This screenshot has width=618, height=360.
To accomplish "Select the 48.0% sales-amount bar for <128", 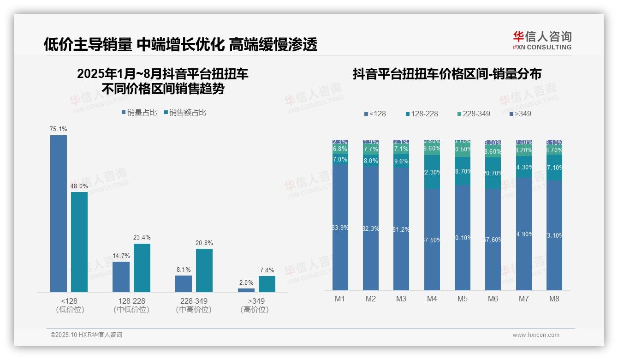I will pyautogui.click(x=79, y=242).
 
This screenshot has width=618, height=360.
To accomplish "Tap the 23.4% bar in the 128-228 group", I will pyautogui.click(x=142, y=268).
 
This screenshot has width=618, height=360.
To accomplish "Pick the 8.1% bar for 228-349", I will pyautogui.click(x=184, y=283).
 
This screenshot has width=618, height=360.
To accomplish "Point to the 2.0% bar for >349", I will pyautogui.click(x=246, y=290).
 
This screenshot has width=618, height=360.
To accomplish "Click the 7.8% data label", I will pyautogui.click(x=267, y=270).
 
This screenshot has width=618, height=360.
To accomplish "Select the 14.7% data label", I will pyautogui.click(x=121, y=256).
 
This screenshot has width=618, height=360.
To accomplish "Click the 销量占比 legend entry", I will pyautogui.click(x=139, y=112).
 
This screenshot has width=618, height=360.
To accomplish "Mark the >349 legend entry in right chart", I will pyautogui.click(x=520, y=114).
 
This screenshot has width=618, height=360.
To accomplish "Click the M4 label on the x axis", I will pyautogui.click(x=432, y=299).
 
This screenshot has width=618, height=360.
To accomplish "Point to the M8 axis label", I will pyautogui.click(x=554, y=299).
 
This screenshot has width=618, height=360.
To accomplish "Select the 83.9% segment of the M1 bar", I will pyautogui.click(x=340, y=227).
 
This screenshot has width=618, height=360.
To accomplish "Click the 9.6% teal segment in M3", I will pyautogui.click(x=401, y=162).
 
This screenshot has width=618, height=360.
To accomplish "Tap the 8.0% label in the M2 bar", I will pyautogui.click(x=371, y=161).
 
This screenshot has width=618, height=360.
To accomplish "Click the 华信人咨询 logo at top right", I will pyautogui.click(x=542, y=40).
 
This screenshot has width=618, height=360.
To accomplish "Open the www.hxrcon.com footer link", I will pyautogui.click(x=536, y=335).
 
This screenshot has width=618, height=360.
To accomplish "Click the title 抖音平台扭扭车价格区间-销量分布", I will pyautogui.click(x=447, y=74).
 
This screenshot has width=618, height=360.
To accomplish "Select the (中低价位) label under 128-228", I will pyautogui.click(x=131, y=310).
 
